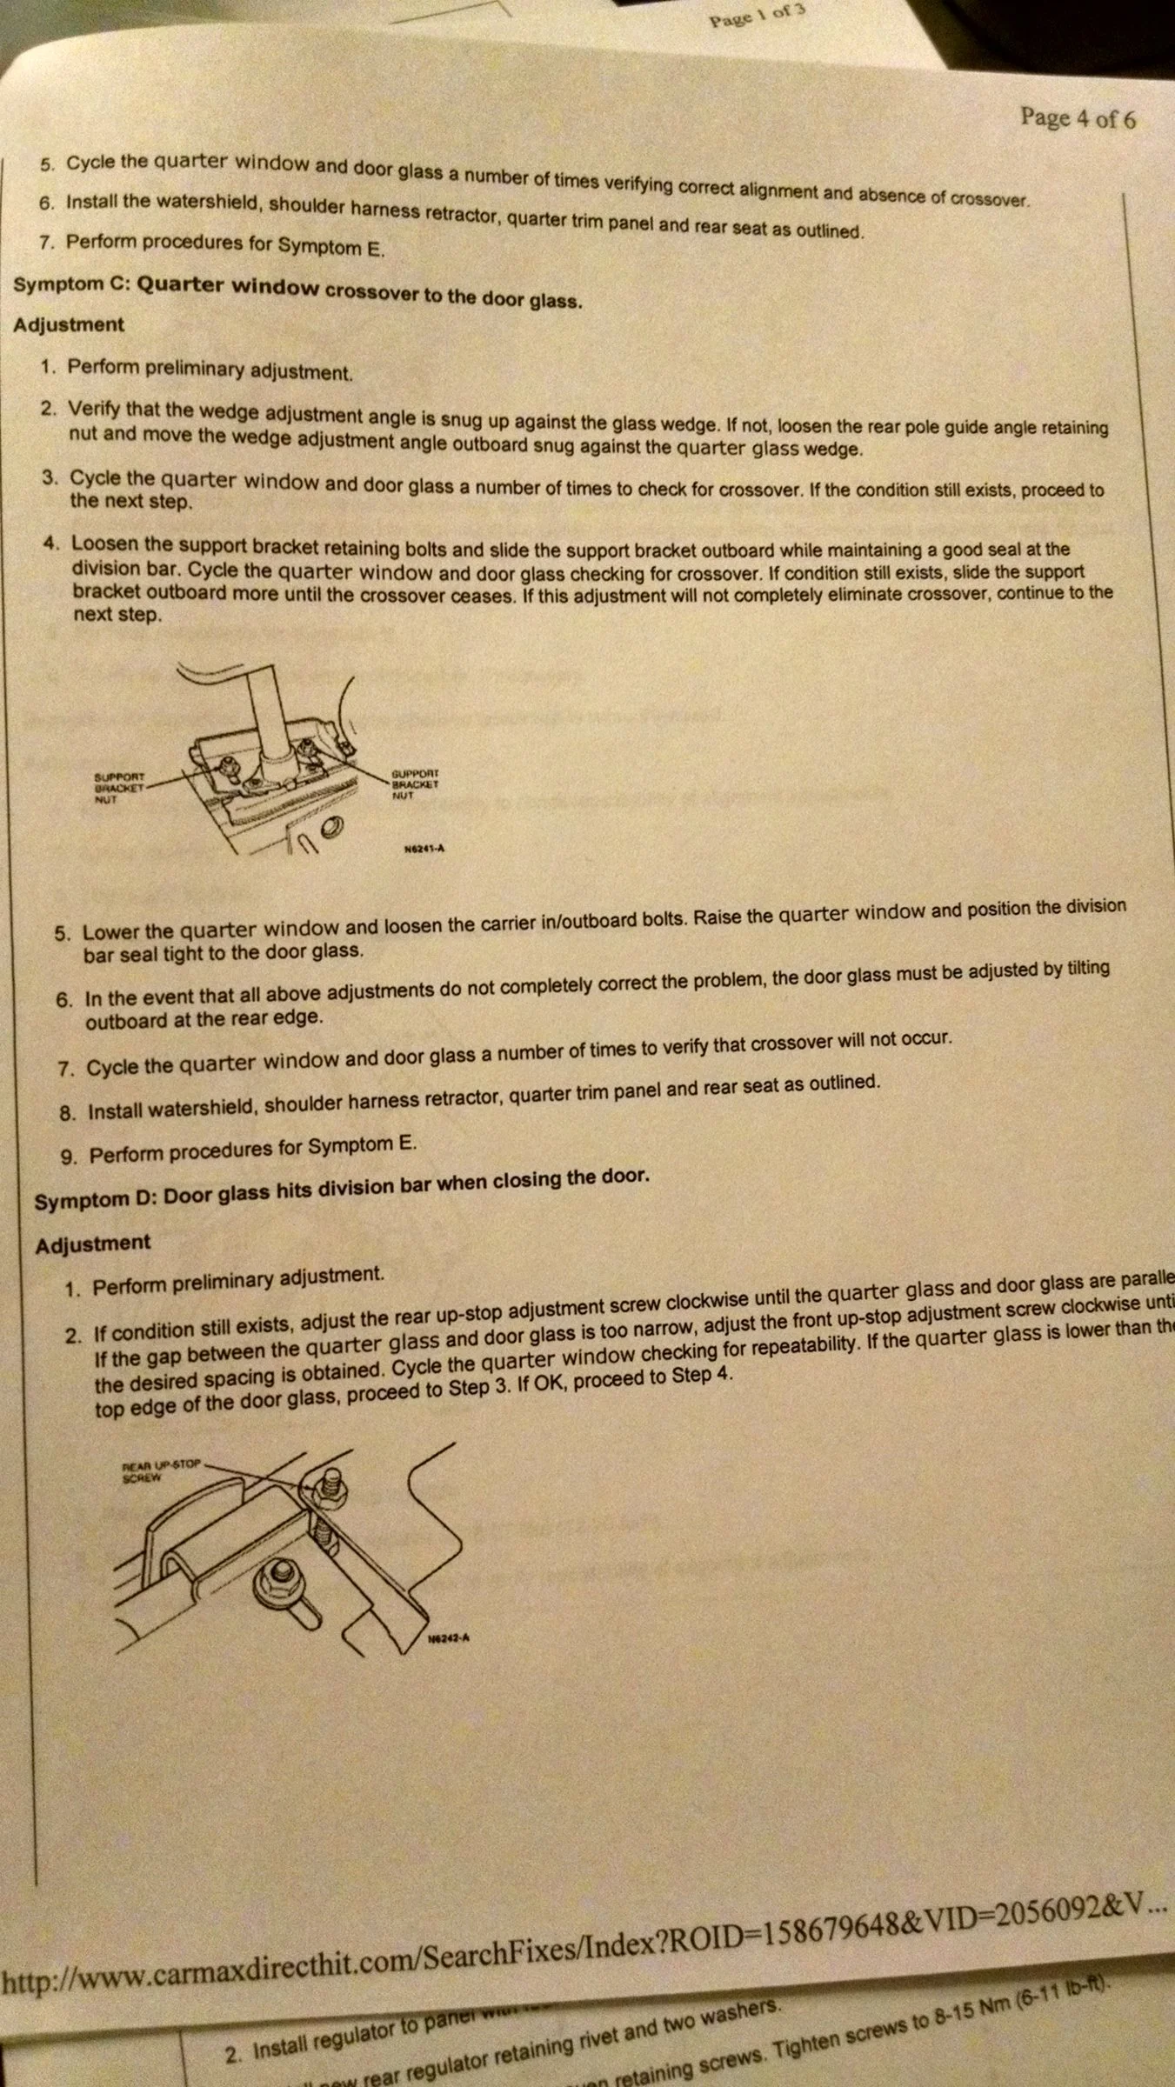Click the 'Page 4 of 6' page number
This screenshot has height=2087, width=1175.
pos(1078,118)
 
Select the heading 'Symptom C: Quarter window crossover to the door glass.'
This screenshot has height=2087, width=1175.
pos(297,290)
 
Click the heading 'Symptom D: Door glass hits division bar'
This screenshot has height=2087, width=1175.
pos(342,1188)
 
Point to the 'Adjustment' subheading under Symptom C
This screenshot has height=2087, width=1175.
pos(69,324)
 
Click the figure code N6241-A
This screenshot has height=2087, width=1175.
pos(424,849)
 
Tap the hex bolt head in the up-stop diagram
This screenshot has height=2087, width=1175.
pos(279,1572)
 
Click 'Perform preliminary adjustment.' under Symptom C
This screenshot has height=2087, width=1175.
pos(210,370)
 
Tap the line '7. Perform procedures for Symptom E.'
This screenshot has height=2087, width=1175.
pos(210,244)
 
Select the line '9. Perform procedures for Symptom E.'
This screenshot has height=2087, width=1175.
pos(238,1150)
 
